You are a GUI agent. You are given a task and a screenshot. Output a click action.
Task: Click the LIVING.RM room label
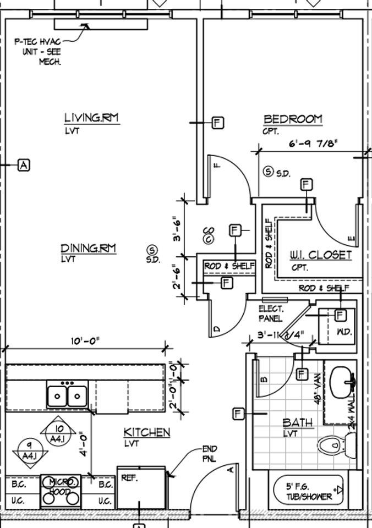coord(92,118)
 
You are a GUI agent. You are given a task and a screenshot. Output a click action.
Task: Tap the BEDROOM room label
coord(293,119)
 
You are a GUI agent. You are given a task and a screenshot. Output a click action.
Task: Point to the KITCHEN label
coord(146,432)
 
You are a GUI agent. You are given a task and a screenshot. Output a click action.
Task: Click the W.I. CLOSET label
coord(321,255)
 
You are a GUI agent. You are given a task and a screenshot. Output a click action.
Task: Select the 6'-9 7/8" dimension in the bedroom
coord(313,144)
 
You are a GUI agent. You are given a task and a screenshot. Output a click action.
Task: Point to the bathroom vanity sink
coord(344,378)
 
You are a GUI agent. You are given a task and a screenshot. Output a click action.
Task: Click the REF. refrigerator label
coord(129,477)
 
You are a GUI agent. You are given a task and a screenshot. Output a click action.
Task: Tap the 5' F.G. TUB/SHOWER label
coord(309,492)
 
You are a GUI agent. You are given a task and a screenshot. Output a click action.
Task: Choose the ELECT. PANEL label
coord(271,313)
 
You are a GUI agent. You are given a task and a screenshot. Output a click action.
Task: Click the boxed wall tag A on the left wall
coord(23,164)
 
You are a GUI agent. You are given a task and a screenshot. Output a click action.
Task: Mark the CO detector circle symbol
coord(209,239)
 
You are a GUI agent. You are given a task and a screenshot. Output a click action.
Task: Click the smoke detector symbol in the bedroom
coord(268,172)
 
